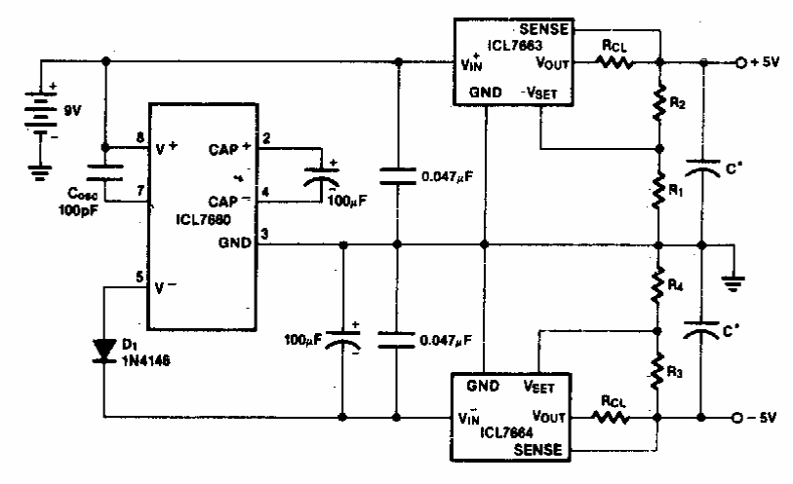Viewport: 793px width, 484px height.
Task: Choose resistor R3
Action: [660, 371]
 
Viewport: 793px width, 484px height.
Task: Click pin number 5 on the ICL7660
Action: [139, 277]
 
